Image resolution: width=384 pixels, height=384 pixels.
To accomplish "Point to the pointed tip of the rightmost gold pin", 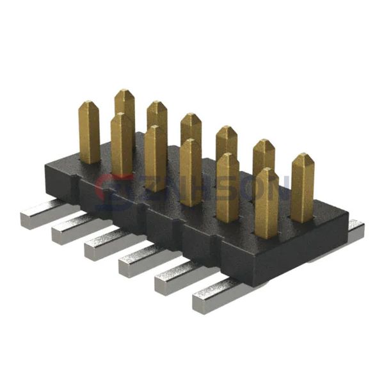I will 303,157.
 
